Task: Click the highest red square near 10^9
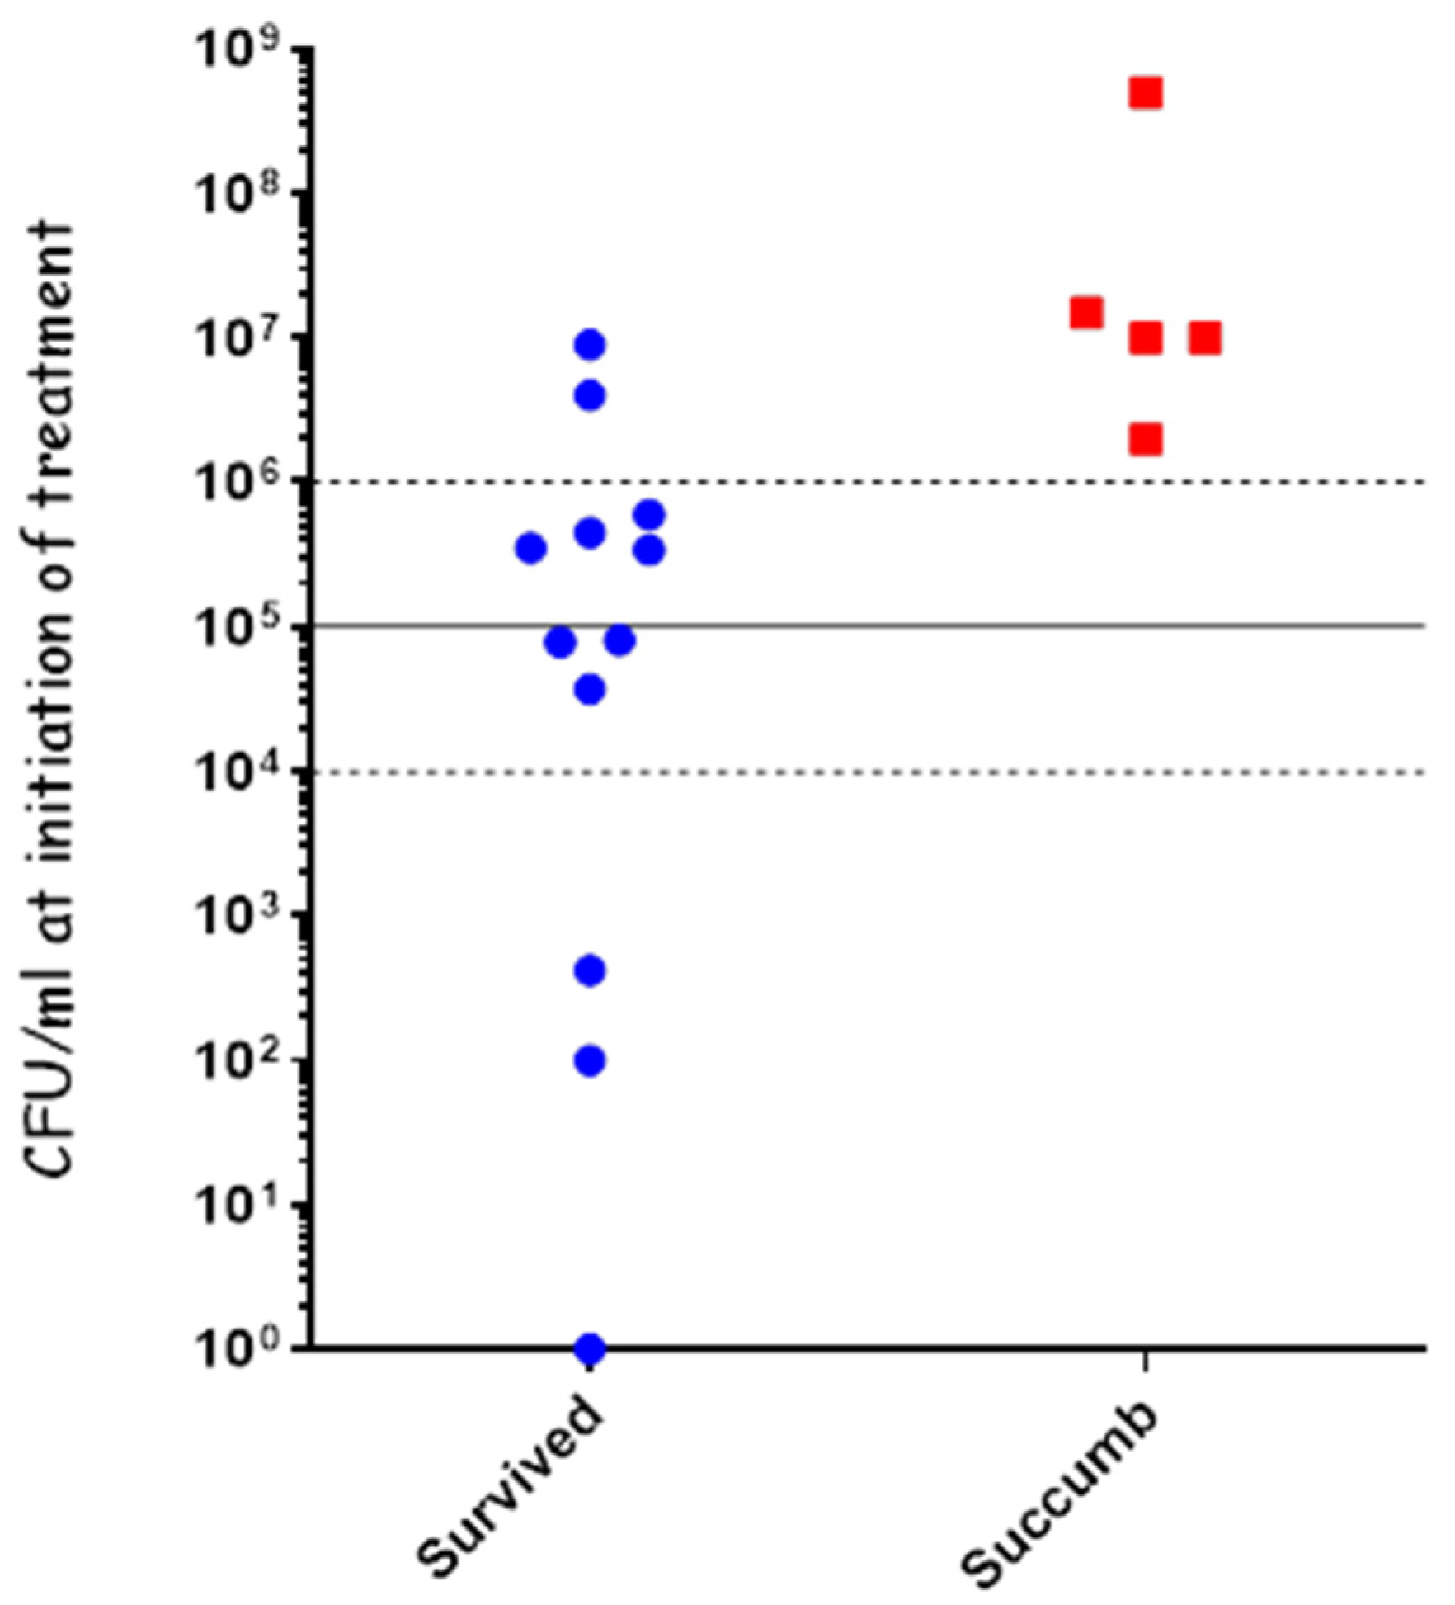click(1146, 94)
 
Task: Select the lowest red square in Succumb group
click(1146, 440)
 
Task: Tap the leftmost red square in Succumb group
click(1086, 313)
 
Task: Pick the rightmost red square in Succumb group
click(1205, 338)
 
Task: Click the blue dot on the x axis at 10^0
click(590, 1348)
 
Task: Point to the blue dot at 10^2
click(590, 1060)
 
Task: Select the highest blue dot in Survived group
click(590, 345)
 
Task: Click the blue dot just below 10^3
click(590, 971)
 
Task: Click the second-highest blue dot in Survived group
click(590, 396)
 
